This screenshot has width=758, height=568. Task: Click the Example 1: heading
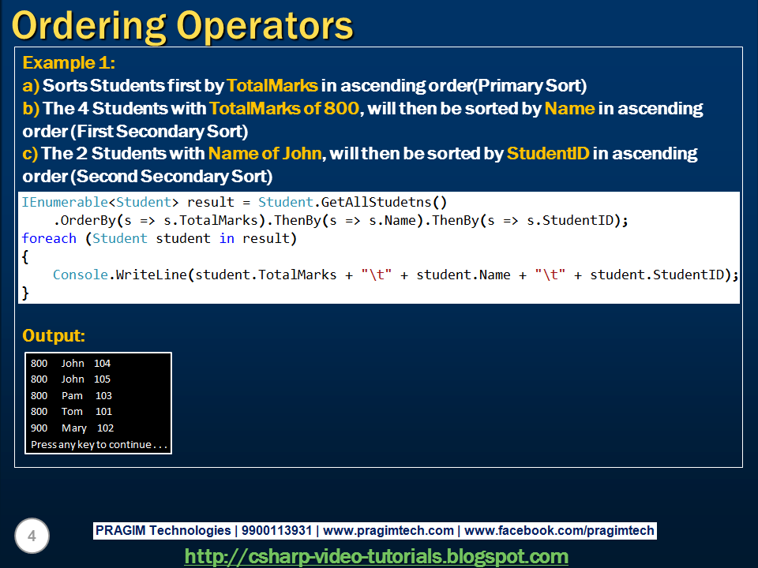69,63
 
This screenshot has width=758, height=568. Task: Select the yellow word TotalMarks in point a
272,85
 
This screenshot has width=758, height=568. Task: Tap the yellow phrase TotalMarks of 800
284,108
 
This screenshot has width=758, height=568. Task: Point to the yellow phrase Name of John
265,153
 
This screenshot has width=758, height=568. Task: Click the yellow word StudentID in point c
548,153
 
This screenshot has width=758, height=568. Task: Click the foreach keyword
49,238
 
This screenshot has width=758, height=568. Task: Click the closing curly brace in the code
25,293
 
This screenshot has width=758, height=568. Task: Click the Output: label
54,335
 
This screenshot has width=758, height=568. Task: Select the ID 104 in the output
102,364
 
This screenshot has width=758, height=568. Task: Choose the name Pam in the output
72,396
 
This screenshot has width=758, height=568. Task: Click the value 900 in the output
39,428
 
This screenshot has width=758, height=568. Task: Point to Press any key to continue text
99,445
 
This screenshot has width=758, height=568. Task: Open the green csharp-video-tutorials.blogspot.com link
376,556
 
